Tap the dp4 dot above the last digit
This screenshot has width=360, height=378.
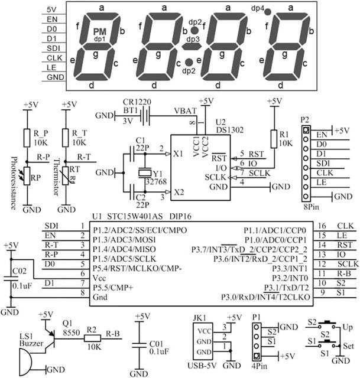(268, 11)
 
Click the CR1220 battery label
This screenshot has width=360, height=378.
(137, 102)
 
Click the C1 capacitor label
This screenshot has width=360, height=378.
(140, 141)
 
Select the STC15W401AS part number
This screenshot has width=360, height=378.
(140, 217)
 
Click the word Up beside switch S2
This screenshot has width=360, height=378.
(349, 325)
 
